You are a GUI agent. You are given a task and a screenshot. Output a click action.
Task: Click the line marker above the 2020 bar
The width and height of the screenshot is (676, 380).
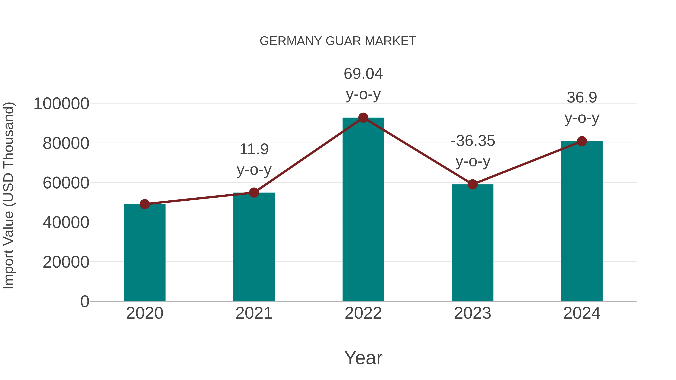(145, 204)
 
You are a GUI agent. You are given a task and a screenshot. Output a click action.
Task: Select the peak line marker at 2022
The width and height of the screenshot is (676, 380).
(363, 118)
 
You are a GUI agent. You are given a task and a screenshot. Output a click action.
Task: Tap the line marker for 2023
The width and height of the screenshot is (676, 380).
(472, 184)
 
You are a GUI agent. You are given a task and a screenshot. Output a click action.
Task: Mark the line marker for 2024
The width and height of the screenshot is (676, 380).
(582, 141)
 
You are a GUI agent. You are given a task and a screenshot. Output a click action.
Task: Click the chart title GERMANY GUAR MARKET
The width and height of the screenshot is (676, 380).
(338, 41)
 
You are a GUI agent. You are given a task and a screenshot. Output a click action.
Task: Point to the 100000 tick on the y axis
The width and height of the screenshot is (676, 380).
(61, 104)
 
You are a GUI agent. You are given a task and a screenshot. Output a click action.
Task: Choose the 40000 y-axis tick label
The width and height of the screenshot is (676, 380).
(66, 222)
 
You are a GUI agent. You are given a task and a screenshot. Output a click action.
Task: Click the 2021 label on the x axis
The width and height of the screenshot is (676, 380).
(254, 313)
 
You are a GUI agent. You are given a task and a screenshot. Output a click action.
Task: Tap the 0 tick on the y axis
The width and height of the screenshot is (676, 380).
(85, 301)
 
